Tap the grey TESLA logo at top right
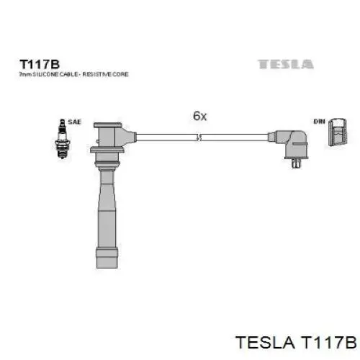coord(286,64)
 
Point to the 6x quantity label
coord(199,115)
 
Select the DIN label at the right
coord(319,122)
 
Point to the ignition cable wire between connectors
coord(202,135)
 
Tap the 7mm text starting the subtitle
coord(24,73)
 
